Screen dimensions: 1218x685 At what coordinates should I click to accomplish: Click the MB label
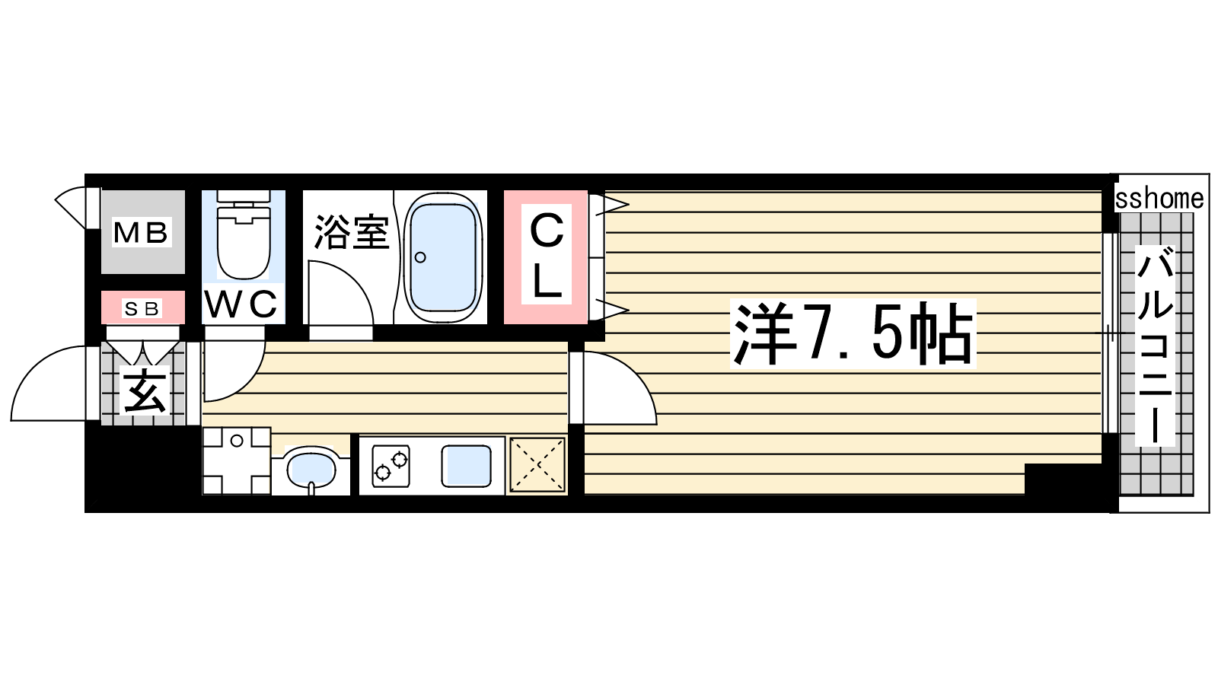click(x=142, y=233)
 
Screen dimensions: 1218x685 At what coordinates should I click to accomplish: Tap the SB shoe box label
click(x=142, y=309)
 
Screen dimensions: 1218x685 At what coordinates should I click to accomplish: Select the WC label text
click(x=241, y=304)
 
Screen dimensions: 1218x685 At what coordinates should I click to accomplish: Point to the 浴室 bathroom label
click(x=352, y=232)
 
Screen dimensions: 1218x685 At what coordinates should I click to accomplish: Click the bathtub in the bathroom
click(x=443, y=258)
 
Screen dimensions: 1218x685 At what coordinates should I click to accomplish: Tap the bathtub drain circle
click(x=419, y=257)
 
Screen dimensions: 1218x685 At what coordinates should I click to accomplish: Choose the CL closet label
click(x=547, y=254)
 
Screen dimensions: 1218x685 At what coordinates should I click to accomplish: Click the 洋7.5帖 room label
click(x=853, y=334)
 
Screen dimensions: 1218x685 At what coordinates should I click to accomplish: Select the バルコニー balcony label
click(x=1155, y=346)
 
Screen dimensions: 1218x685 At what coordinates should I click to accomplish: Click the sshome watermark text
click(x=1159, y=199)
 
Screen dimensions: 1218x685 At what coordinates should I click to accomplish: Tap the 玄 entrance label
click(x=144, y=393)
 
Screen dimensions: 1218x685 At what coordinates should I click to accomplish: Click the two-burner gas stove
click(x=391, y=466)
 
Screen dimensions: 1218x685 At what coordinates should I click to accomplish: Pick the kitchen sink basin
click(x=466, y=466)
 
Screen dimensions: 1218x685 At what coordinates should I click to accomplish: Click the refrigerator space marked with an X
click(x=537, y=465)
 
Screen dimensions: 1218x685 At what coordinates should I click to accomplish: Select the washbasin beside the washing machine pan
click(x=311, y=469)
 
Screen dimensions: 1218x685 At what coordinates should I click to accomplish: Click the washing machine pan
click(x=237, y=461)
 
